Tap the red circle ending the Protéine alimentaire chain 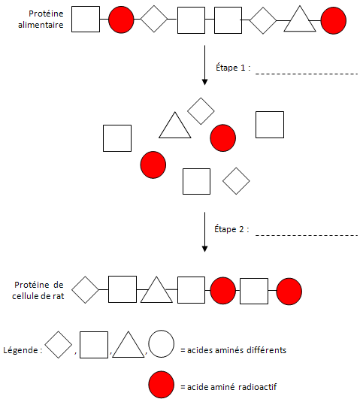coord(334,20)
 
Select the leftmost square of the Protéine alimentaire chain coord(86,20)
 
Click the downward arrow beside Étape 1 coord(204,65)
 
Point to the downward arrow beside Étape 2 coord(204,232)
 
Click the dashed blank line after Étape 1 coord(307,74)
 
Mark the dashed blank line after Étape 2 coord(307,236)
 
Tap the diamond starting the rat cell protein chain coord(85,290)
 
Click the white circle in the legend coord(162,344)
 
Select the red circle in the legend coord(162,385)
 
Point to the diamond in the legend coord(59,345)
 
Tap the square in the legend coord(94,345)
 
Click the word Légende coord(21,350)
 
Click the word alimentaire coord(41,25)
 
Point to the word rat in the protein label coord(59,296)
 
